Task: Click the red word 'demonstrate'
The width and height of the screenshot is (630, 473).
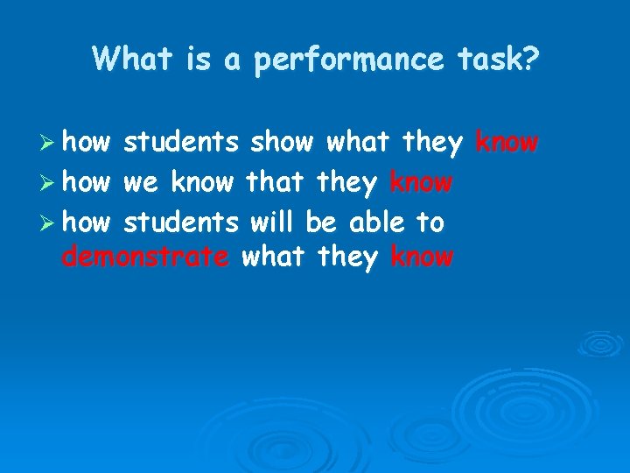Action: (146, 258)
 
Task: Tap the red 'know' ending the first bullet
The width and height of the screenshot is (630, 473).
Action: (507, 142)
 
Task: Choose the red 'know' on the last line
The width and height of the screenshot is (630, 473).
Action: (422, 258)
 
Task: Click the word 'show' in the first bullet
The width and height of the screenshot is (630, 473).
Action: (283, 142)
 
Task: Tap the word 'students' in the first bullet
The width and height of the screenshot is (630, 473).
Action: (181, 142)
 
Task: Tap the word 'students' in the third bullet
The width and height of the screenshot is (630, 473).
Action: (181, 222)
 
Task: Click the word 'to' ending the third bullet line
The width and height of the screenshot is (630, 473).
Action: (430, 222)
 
